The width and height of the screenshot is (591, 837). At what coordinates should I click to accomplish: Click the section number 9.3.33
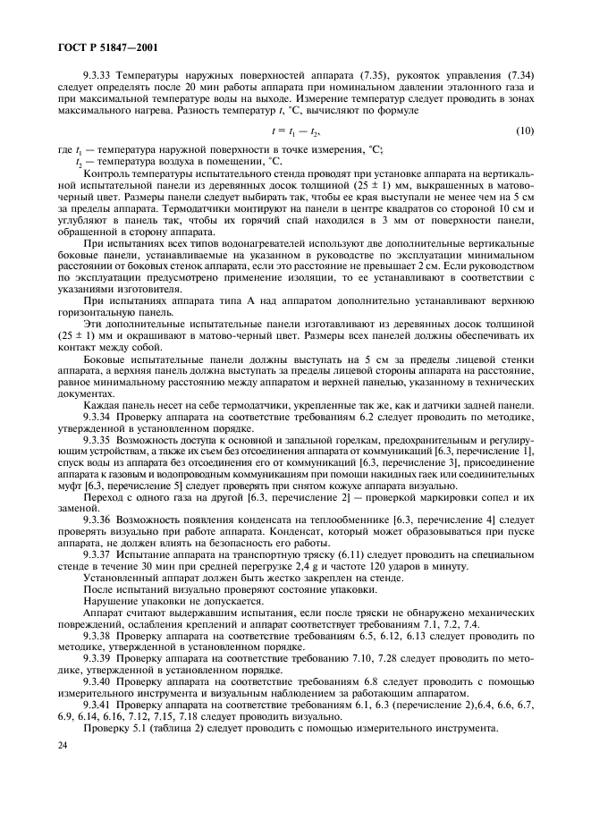(98, 75)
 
